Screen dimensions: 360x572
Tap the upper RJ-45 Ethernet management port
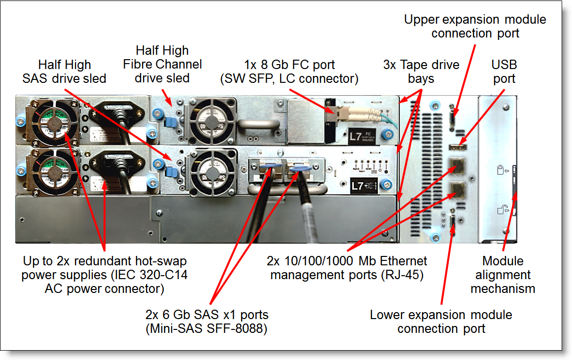pos(456,166)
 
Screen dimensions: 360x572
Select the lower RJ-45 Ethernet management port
pos(456,189)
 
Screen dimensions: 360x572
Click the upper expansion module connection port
pos(453,120)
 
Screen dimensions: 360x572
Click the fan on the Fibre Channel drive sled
pos(210,121)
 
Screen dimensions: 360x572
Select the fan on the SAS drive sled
pos(211,171)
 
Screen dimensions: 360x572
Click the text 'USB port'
pos(503,72)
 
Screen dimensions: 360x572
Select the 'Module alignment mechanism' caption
pos(503,275)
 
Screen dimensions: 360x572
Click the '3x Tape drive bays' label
pos(421,72)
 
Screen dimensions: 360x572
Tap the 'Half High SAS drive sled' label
pos(64,72)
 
